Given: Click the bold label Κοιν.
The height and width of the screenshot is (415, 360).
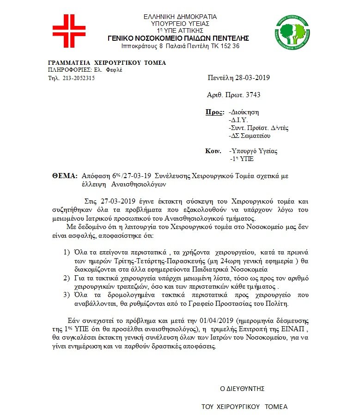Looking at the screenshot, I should [x=212, y=151].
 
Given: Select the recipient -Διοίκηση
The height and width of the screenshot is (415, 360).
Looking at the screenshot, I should [x=244, y=112].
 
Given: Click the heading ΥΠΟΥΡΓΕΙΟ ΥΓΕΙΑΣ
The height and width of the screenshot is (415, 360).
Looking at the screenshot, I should [x=180, y=24].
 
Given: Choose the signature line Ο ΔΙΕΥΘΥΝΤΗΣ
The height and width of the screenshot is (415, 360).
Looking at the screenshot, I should [x=242, y=388].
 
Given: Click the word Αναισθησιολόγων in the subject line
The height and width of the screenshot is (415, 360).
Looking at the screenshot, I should [x=138, y=184].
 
